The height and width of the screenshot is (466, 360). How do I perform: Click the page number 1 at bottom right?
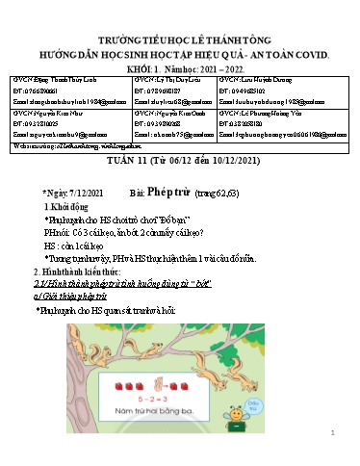point(330,434)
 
